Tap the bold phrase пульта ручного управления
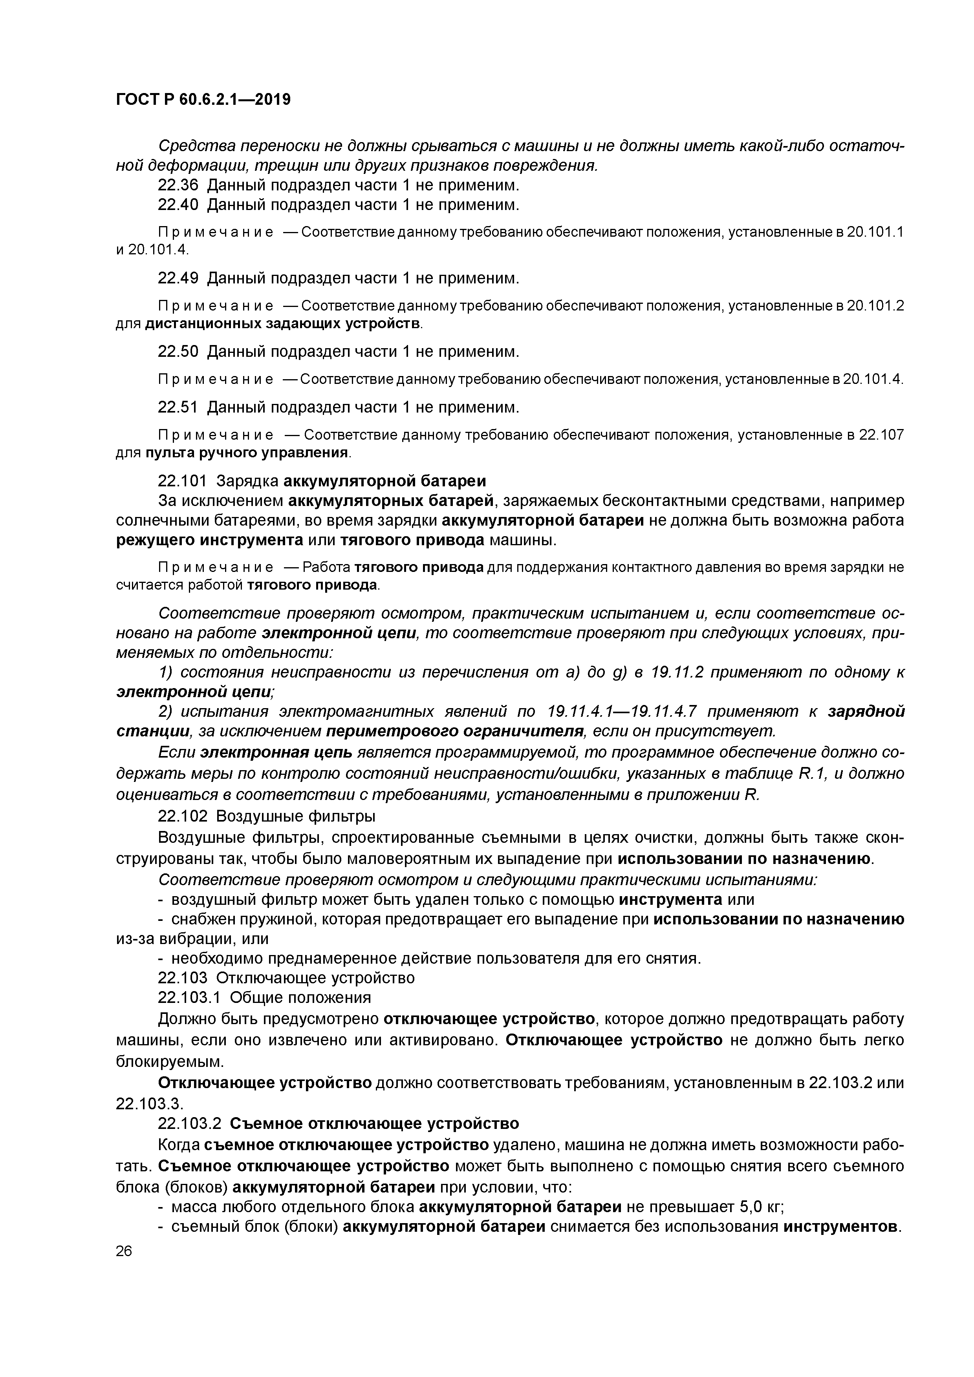[x=247, y=453]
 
